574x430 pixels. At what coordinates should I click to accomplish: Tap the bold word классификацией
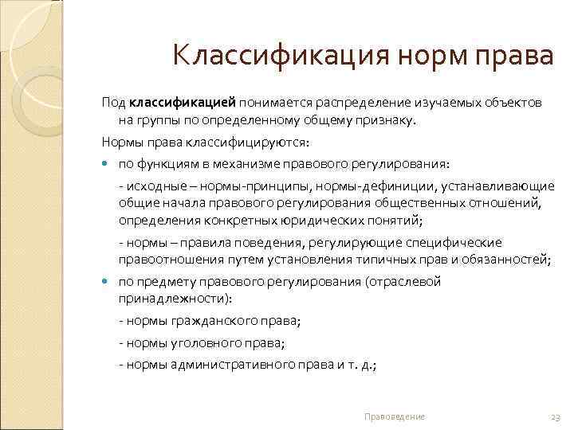click(x=183, y=103)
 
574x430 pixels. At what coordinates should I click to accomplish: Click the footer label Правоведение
click(x=394, y=416)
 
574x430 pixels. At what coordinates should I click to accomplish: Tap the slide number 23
click(x=556, y=416)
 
